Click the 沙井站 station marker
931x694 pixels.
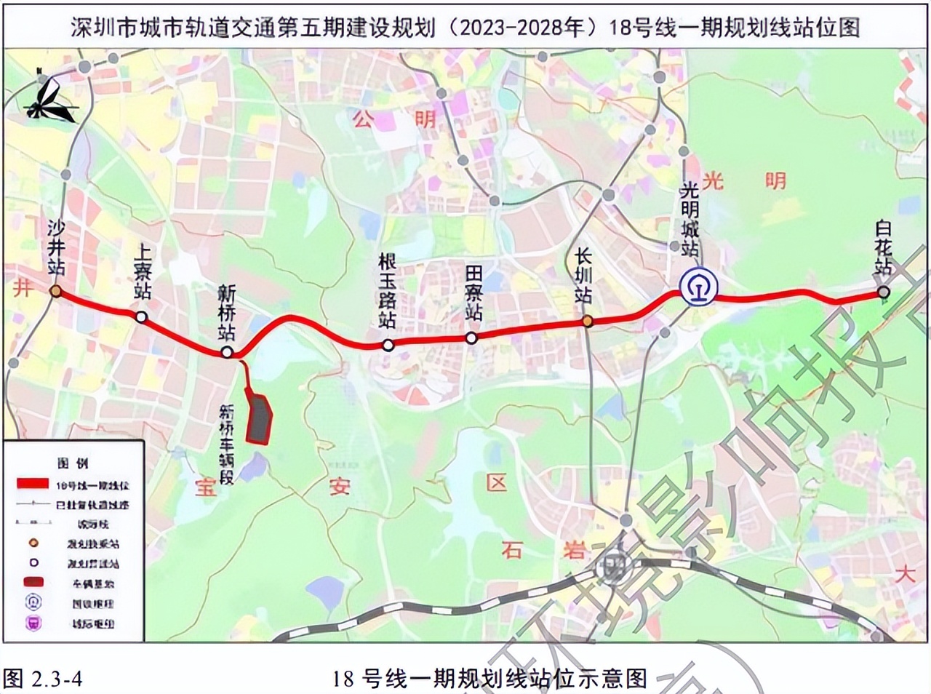pos(56,292)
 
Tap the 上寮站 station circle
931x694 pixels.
pos(141,316)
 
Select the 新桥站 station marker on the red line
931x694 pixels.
pos(227,352)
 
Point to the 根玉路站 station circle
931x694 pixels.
pos(388,346)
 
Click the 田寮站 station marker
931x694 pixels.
pos(471,338)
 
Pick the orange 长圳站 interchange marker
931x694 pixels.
pos(587,321)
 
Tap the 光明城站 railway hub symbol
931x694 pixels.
pos(698,287)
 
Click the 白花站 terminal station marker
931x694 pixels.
pos(883,292)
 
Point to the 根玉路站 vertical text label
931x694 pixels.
pos(388,290)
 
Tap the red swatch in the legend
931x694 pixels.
pos(33,484)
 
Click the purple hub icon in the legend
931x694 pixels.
pos(34,623)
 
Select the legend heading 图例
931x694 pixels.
pos(73,463)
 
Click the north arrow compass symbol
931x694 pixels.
pos(51,98)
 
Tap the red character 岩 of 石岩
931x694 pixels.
pos(575,549)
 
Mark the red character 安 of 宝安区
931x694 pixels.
pos(339,486)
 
